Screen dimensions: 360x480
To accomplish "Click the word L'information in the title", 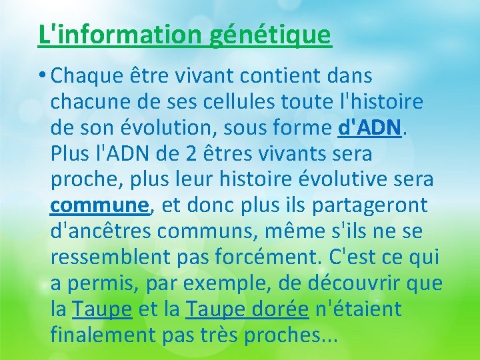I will [121, 34].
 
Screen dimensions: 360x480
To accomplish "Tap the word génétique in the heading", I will [270, 34].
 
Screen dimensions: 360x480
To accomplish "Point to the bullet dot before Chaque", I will [42, 76].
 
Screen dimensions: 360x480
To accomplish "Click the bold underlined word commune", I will [101, 206].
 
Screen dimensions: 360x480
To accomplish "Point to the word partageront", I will [382, 206].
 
